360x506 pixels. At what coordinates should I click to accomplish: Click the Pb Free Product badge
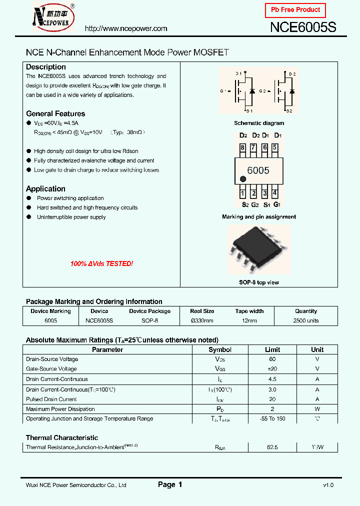pyautogui.click(x=295, y=10)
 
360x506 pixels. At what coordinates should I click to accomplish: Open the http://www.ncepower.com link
pyautogui.click(x=126, y=29)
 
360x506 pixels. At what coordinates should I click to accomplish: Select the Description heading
pyautogui.click(x=46, y=67)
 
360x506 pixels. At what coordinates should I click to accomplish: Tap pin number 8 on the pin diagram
pyautogui.click(x=242, y=147)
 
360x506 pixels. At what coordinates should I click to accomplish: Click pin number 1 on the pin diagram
pyautogui.click(x=242, y=193)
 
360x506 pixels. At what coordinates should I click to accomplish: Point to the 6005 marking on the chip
pyautogui.click(x=258, y=170)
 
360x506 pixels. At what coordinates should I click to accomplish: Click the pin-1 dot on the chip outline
pyautogui.click(x=243, y=179)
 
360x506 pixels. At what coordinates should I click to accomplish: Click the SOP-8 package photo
pyautogui.click(x=258, y=250)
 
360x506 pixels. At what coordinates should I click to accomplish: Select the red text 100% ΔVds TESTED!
pyautogui.click(x=101, y=263)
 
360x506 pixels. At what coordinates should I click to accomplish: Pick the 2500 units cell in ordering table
pyautogui.click(x=306, y=320)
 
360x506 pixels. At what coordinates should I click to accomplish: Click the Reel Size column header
pyautogui.click(x=202, y=311)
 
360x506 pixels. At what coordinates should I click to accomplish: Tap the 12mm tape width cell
pyautogui.click(x=249, y=320)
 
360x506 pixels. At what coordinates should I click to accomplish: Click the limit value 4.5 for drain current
pyautogui.click(x=272, y=379)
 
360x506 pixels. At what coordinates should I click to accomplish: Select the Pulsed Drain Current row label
pyautogui.click(x=51, y=399)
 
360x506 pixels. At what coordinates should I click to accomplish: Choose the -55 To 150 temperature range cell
pyautogui.click(x=272, y=418)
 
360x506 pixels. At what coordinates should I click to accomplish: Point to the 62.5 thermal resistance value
pyautogui.click(x=272, y=447)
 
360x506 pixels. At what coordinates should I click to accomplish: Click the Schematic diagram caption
pyautogui.click(x=259, y=123)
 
